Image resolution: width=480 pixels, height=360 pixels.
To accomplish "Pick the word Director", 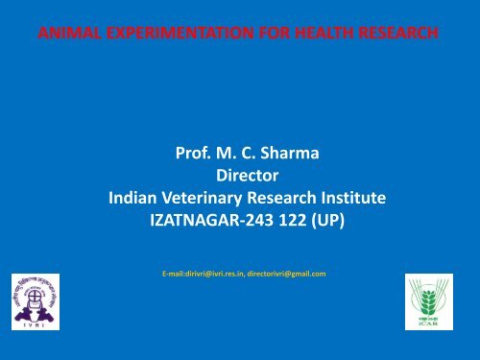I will tap(247, 175).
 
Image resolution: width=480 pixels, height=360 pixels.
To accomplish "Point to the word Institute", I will tap(352, 199).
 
